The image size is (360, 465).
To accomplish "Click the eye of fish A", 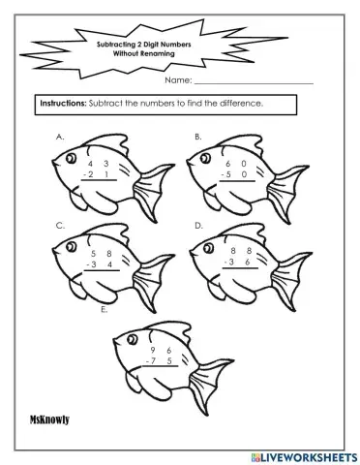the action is click(71, 158).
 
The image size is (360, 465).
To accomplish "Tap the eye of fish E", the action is click(132, 339).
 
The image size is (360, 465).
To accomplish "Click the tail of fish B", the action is click(286, 193).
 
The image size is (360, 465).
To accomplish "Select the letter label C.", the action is click(60, 226).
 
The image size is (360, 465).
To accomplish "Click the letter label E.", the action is click(104, 309).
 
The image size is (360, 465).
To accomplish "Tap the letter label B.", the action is click(198, 137).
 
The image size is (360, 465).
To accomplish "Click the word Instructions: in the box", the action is click(63, 104).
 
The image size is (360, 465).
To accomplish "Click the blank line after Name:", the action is click(254, 83).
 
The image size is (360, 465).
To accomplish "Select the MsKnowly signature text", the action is click(49, 419).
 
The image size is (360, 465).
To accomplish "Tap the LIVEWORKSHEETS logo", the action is click(305, 457).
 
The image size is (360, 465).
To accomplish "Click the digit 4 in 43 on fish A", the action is click(90, 164).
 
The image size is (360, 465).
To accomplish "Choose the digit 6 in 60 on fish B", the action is click(228, 164).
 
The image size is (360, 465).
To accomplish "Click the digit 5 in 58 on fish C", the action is click(94, 254).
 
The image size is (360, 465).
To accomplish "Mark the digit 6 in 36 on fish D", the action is click(248, 262).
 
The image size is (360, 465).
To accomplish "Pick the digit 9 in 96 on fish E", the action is click(153, 350).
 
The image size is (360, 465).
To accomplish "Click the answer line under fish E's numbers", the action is click(161, 366).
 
